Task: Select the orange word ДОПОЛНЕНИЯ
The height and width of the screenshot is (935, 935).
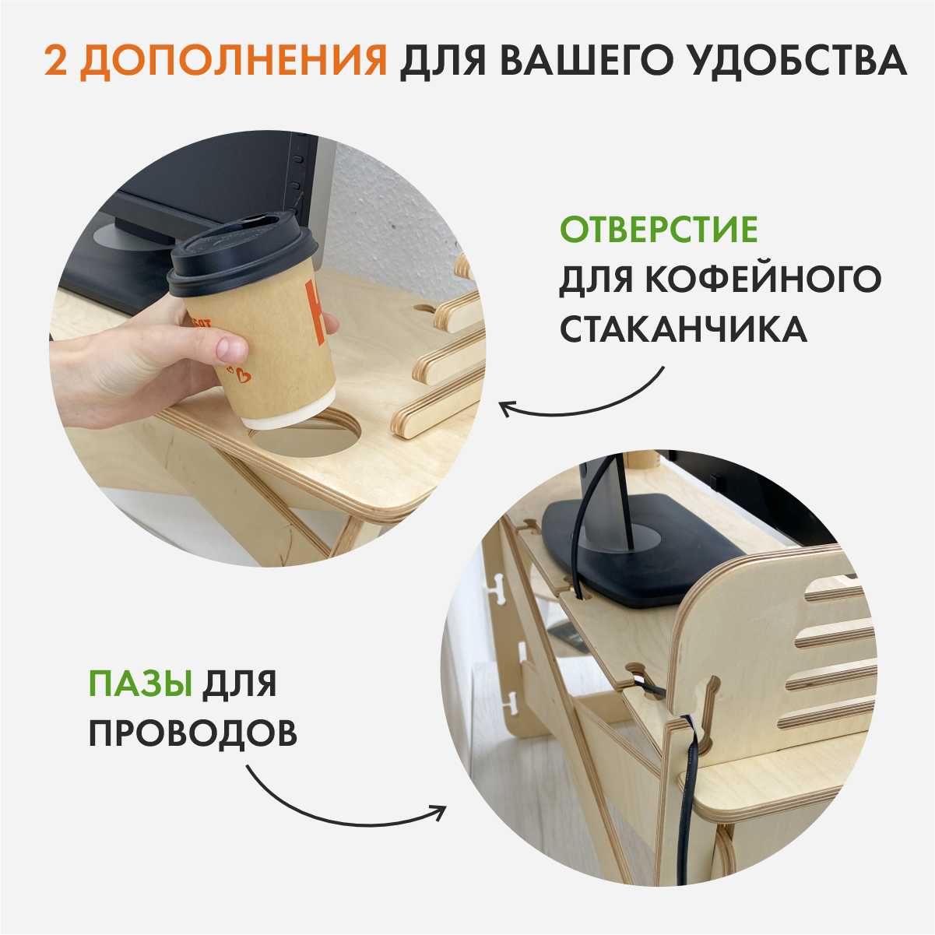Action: [x=233, y=62]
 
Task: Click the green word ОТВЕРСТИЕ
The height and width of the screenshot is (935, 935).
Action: [x=659, y=230]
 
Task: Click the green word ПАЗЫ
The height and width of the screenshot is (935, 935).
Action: [x=140, y=683]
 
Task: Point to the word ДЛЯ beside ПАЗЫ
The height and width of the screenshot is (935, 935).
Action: [x=239, y=684]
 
